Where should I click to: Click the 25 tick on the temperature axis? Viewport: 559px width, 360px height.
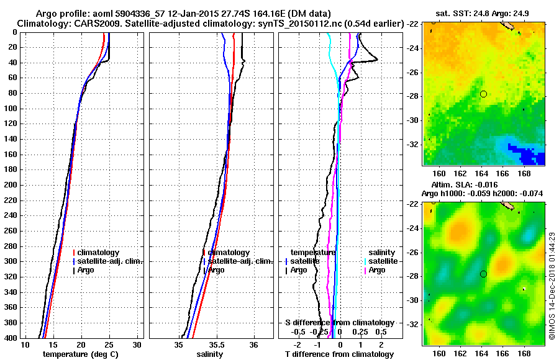pos(109,345)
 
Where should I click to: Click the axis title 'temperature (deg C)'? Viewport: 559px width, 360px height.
pos(80,354)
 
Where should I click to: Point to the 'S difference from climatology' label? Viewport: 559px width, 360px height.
pos(339,323)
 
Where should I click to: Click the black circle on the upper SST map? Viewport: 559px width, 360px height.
pos(483,94)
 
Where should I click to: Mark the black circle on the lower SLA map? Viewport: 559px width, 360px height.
pos(483,274)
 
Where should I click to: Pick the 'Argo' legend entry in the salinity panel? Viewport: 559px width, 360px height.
pos(216,270)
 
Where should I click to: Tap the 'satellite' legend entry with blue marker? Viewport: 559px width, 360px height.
pos(304,261)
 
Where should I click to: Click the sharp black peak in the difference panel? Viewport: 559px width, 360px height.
pos(377,60)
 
